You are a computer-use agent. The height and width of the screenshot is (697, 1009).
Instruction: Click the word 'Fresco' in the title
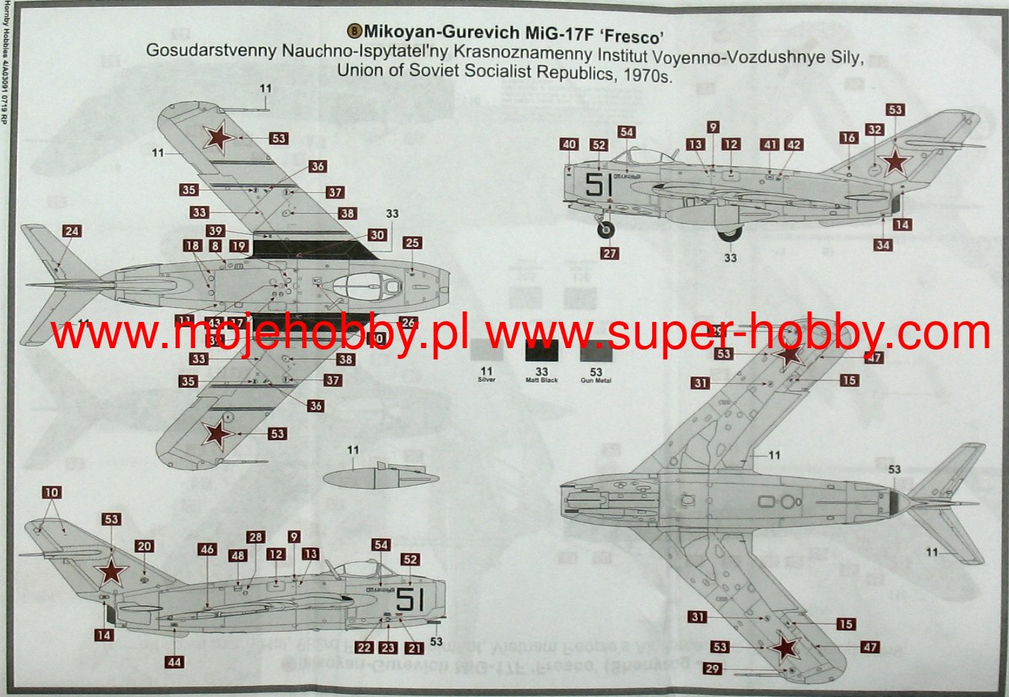(x=633, y=33)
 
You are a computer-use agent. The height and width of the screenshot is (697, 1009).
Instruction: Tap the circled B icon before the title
(x=355, y=31)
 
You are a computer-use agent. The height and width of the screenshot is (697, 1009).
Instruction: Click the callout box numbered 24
(x=71, y=231)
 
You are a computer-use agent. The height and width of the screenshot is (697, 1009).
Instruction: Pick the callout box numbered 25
(x=412, y=243)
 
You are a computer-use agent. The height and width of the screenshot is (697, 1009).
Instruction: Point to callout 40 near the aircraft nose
(x=569, y=144)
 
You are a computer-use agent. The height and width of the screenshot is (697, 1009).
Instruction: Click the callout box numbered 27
(x=610, y=253)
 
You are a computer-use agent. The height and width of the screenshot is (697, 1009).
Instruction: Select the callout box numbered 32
(x=874, y=130)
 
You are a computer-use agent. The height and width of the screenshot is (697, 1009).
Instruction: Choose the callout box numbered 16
(x=847, y=138)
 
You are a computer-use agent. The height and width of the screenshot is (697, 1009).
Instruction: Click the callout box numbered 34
(x=883, y=245)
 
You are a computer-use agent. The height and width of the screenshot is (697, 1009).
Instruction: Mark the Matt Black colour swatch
(x=541, y=351)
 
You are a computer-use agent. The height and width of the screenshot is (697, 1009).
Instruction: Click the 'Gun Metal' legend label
(x=595, y=381)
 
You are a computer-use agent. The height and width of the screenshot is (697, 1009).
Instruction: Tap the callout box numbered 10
(x=52, y=493)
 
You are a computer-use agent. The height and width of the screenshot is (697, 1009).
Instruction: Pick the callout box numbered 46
(x=207, y=549)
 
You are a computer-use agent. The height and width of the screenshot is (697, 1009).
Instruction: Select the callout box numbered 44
(x=174, y=662)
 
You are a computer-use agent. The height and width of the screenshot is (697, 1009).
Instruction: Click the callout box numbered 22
(x=364, y=648)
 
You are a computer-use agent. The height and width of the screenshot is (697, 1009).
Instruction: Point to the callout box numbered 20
(x=144, y=547)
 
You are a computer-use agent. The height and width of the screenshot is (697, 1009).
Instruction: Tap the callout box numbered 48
(x=238, y=556)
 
